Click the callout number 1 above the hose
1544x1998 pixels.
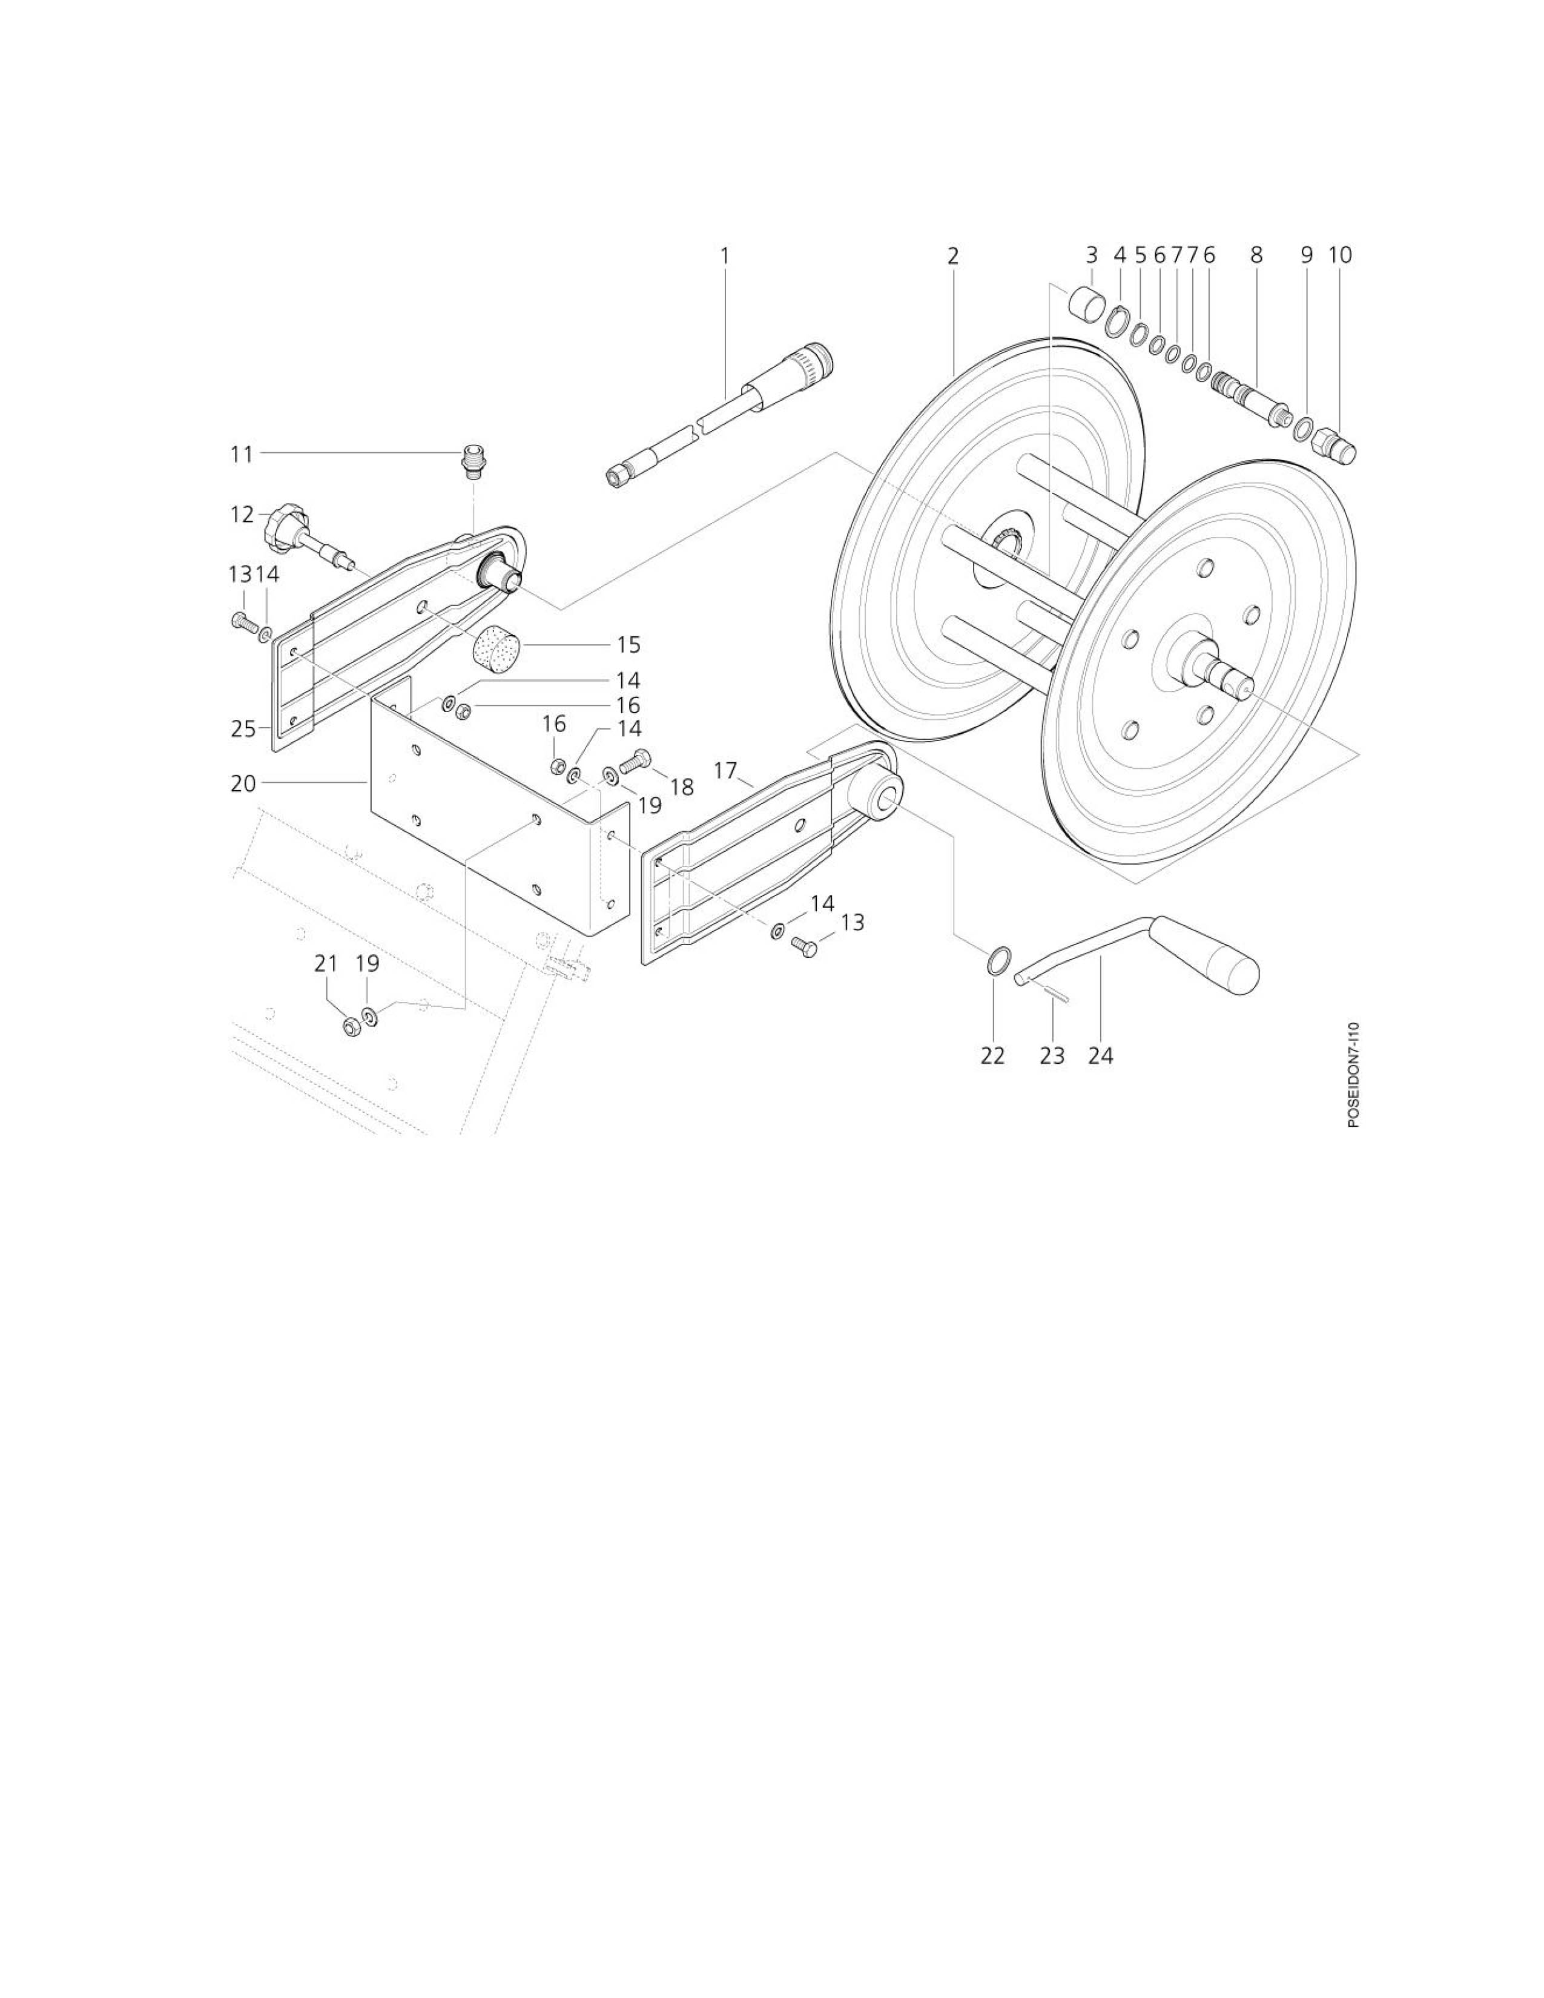[x=725, y=256]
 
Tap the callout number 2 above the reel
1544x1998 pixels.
[x=953, y=256]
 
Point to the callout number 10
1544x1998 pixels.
[x=1340, y=256]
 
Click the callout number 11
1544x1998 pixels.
[x=242, y=453]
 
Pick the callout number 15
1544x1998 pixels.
[x=628, y=645]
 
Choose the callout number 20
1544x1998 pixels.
[x=243, y=784]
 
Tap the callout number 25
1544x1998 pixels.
[x=243, y=729]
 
